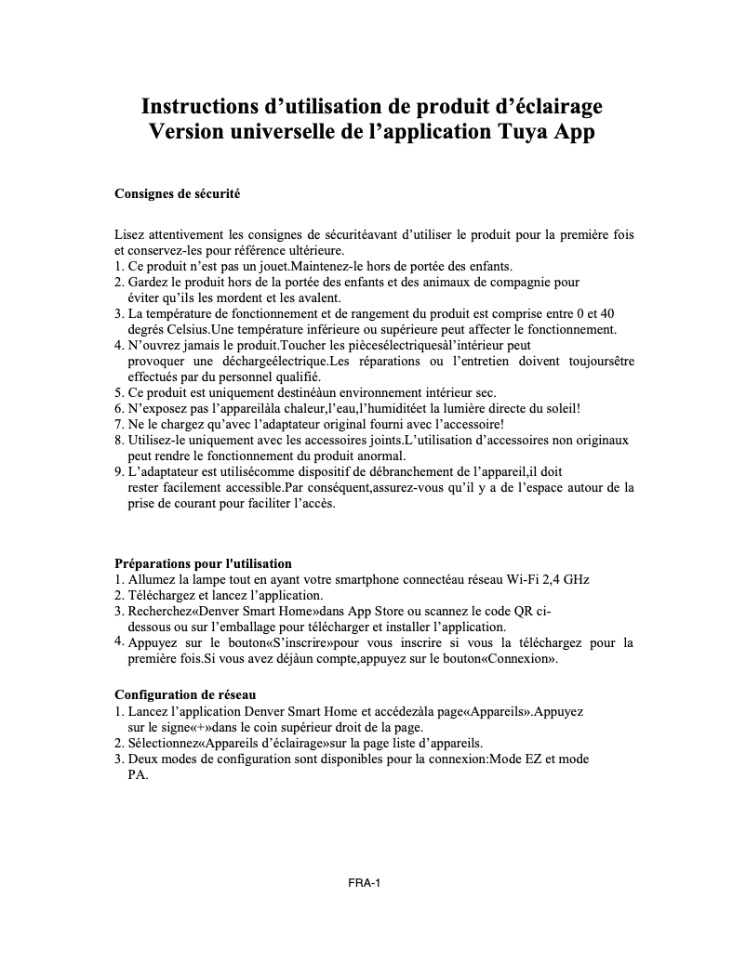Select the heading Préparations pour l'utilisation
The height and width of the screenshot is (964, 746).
[x=203, y=563]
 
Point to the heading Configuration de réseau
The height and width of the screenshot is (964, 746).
[x=185, y=694]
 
